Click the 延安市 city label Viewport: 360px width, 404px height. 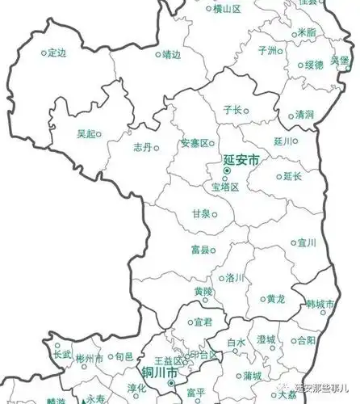point(240,162)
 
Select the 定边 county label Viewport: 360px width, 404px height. point(56,53)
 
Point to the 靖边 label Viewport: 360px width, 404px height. point(171,56)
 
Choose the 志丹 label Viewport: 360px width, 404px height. point(142,148)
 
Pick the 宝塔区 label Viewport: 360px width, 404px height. point(225,187)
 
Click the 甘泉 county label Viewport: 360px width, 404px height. point(201,213)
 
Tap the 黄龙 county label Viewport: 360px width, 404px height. point(275,298)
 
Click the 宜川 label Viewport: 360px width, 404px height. point(306,242)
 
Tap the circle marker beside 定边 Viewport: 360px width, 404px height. point(44,53)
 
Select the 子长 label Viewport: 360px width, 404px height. point(232,108)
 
